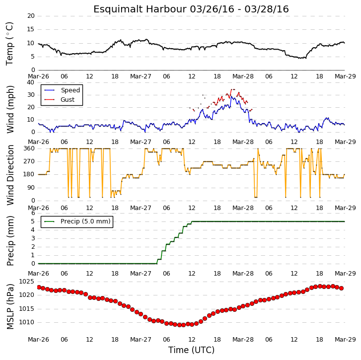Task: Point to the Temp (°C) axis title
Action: [9, 44]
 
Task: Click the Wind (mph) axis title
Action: [10, 109]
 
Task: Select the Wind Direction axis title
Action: [10, 175]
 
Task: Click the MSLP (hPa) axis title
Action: [10, 306]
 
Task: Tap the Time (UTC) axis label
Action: [191, 350]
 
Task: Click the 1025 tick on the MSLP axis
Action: [26, 282]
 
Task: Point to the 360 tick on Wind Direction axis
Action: [29, 148]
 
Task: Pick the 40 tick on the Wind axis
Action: [31, 82]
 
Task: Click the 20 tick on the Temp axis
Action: [31, 16]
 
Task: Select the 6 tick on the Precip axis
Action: [33, 213]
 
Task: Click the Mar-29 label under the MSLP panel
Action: [345, 340]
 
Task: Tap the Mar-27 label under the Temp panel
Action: [141, 76]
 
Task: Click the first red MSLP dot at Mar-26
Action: [39, 288]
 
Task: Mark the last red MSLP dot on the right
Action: [342, 288]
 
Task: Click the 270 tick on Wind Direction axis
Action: [29, 161]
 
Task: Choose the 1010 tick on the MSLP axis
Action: [26, 322]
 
